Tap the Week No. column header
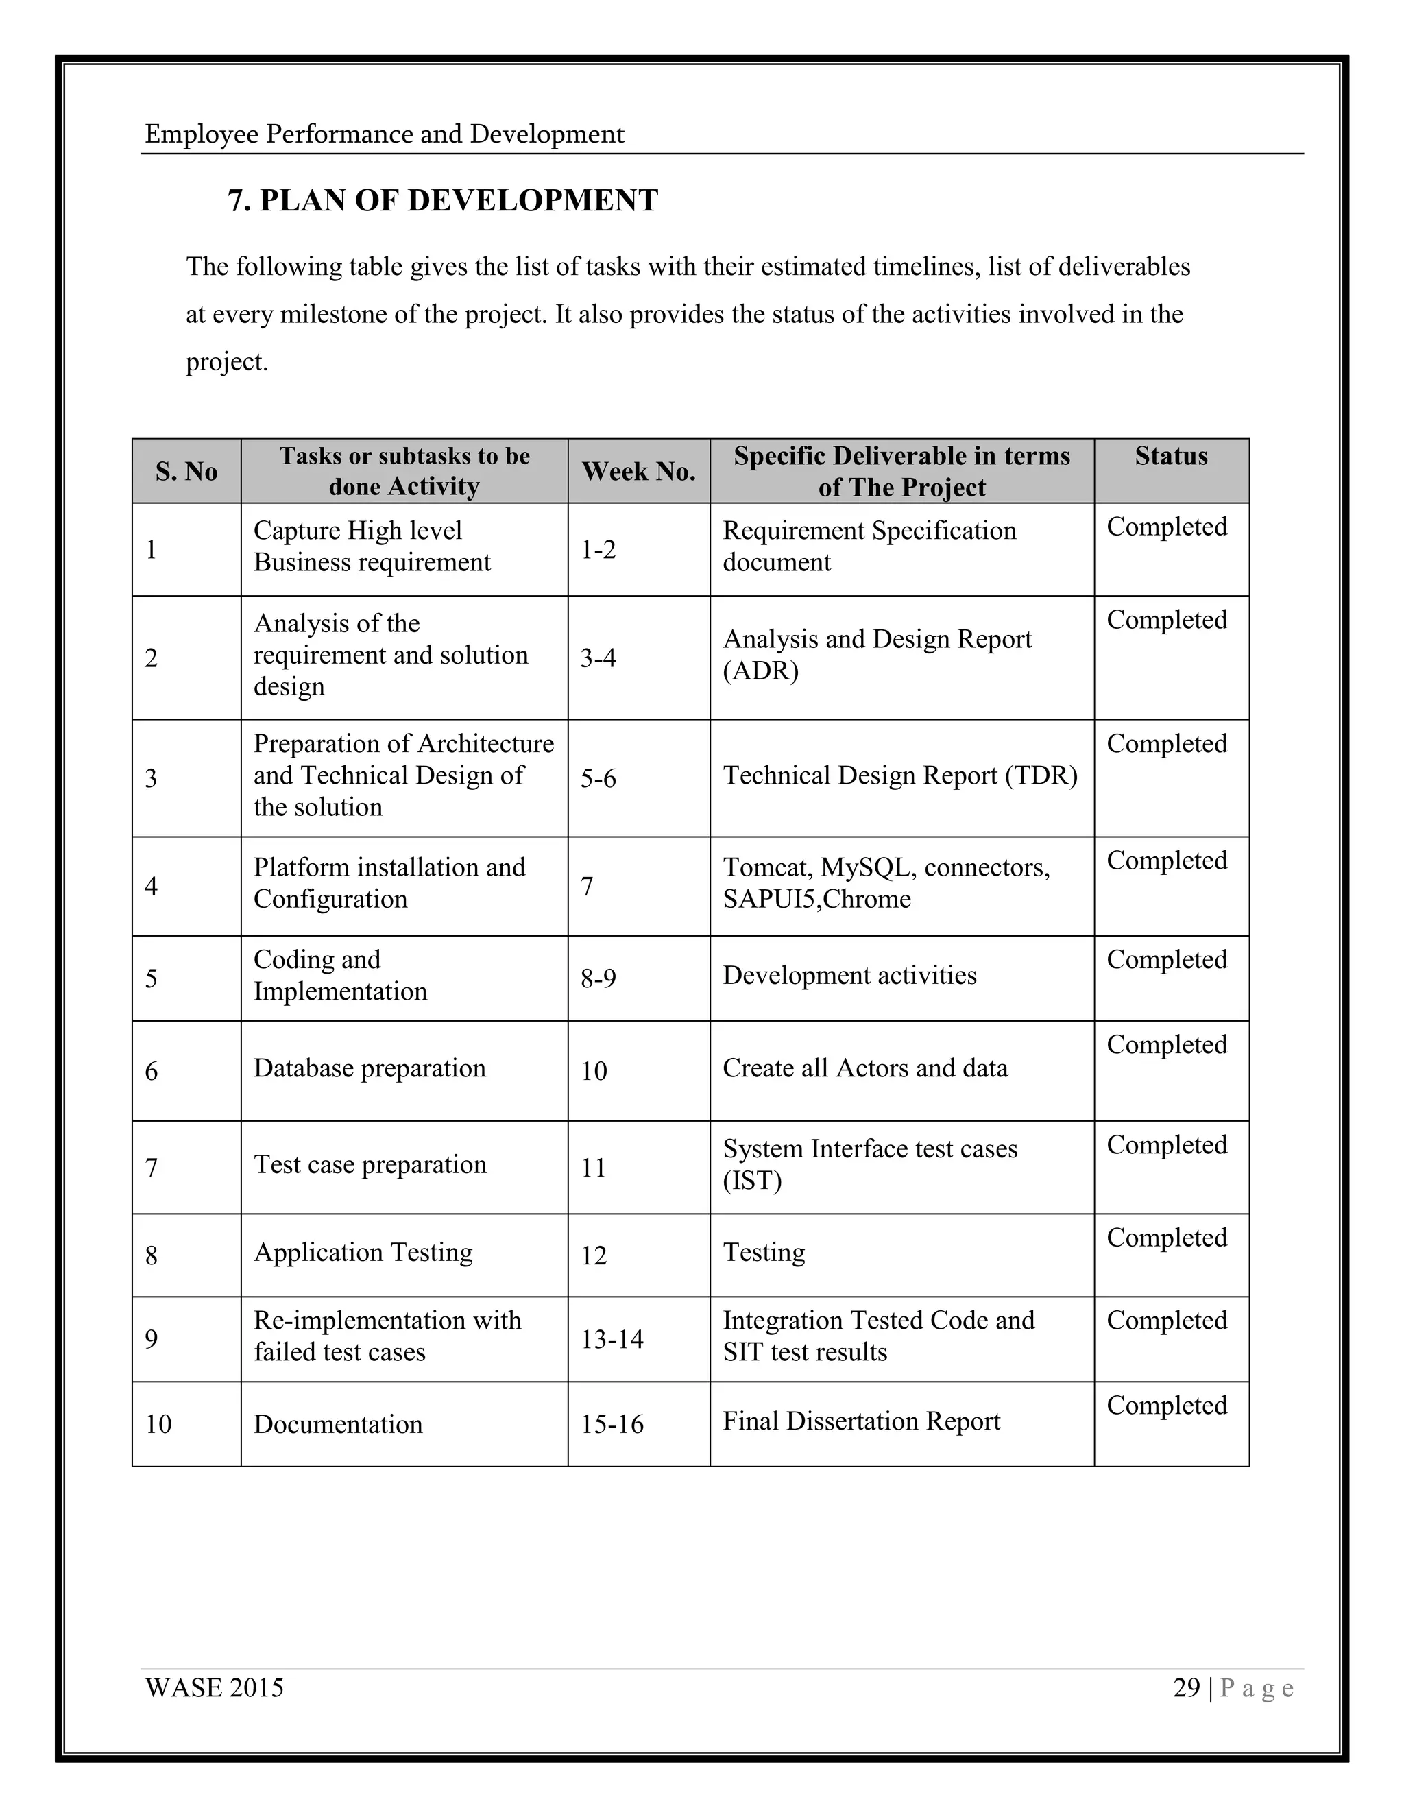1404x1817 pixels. pyautogui.click(x=638, y=472)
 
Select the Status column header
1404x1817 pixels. pyautogui.click(x=1170, y=456)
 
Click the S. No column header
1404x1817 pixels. pyautogui.click(x=186, y=472)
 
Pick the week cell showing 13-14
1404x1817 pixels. pyautogui.click(x=612, y=1338)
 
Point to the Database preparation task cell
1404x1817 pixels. pyautogui.click(x=370, y=1068)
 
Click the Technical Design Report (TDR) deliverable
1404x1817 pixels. pyautogui.click(x=900, y=775)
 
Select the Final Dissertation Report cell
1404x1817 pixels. pyautogui.click(x=861, y=1421)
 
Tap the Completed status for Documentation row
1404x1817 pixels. pyautogui.click(x=1166, y=1405)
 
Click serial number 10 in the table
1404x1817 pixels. pyautogui.click(x=158, y=1424)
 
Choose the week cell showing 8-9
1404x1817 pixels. pyautogui.click(x=598, y=978)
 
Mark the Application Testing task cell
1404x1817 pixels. pyautogui.click(x=363, y=1252)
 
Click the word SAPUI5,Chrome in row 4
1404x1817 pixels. pyautogui.click(x=816, y=900)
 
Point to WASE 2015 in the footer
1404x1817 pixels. pyautogui.click(x=214, y=1687)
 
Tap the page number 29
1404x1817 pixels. pyautogui.click(x=1186, y=1687)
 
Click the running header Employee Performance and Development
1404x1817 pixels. pyautogui.click(x=385, y=134)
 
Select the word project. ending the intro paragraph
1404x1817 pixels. pyautogui.click(x=226, y=362)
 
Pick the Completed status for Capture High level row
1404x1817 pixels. pyautogui.click(x=1166, y=527)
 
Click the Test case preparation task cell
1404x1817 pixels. pyautogui.click(x=370, y=1165)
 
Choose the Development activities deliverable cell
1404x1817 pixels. pyautogui.click(x=849, y=975)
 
